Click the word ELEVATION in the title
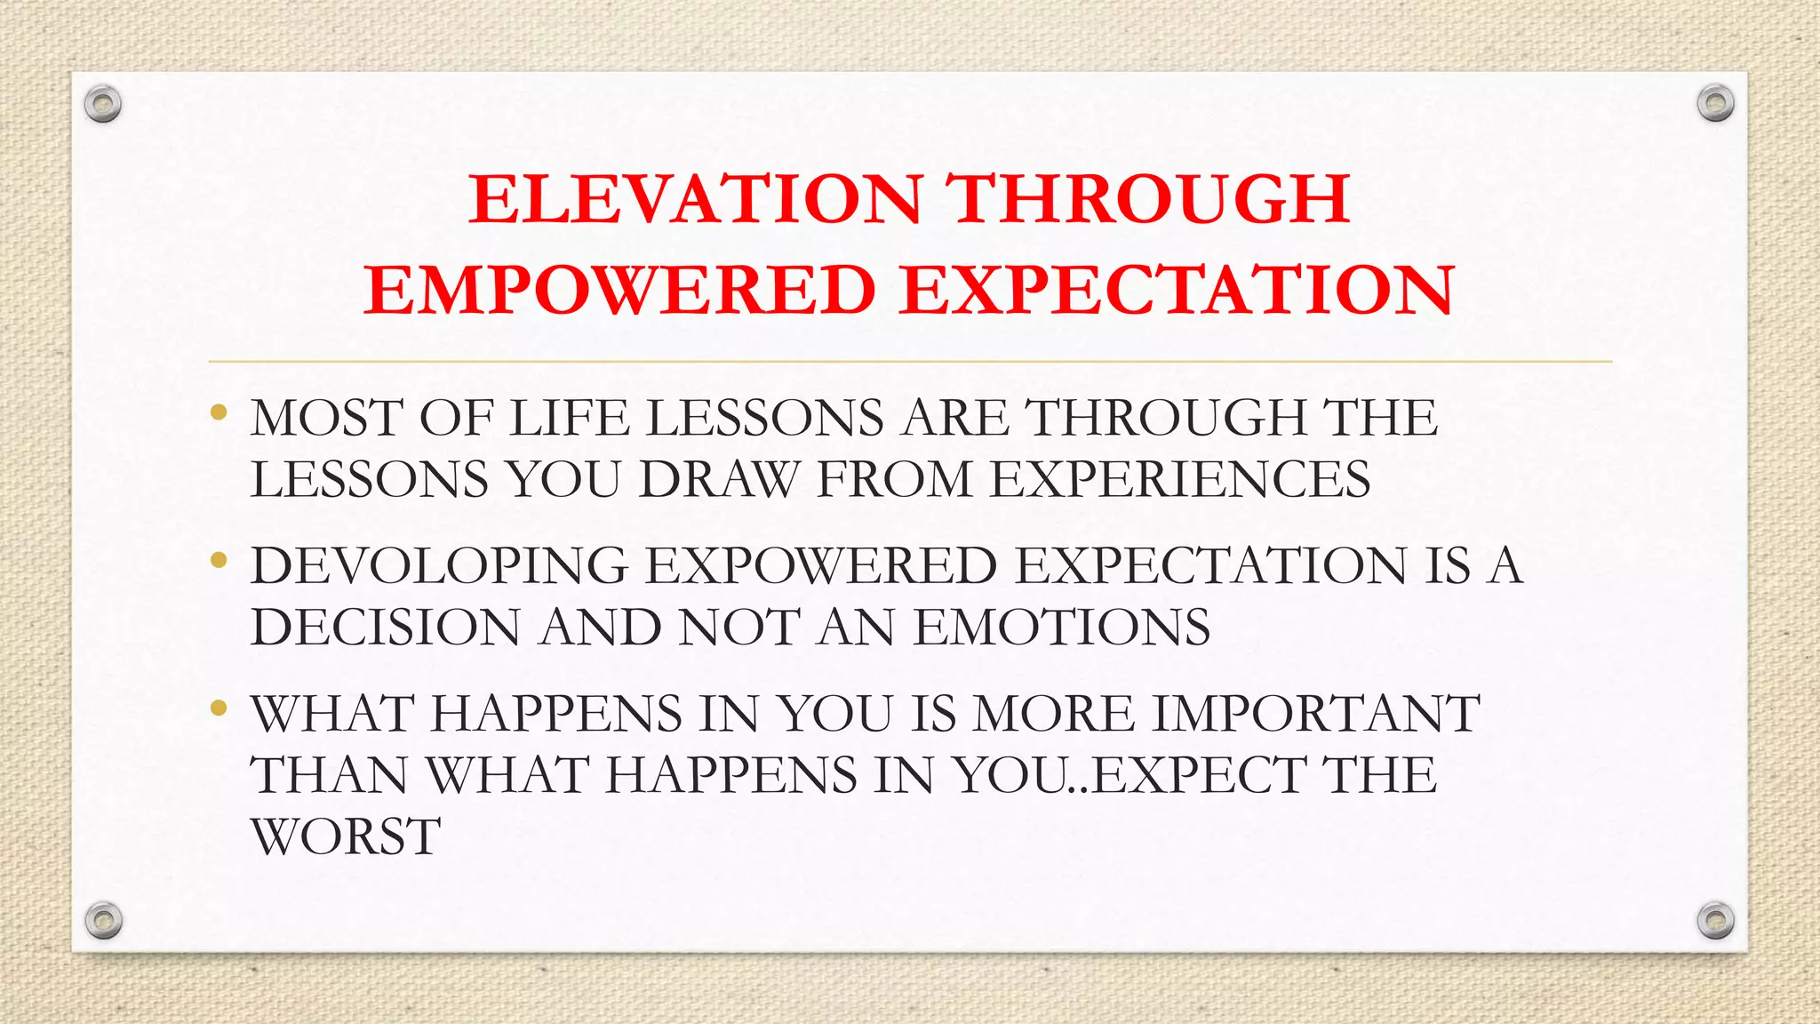(696, 198)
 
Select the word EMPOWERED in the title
(620, 291)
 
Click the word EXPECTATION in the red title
(1177, 291)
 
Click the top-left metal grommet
(103, 105)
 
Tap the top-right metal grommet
(1715, 104)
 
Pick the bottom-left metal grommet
(103, 920)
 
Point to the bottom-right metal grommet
(1715, 920)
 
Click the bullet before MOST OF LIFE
(219, 412)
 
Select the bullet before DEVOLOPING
(219, 560)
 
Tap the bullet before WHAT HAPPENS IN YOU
(219, 708)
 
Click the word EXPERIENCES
(1180, 480)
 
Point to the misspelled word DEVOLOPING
(439, 566)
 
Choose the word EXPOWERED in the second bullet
(820, 566)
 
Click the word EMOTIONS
(1062, 628)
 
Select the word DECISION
(385, 628)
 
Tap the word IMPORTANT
(1315, 714)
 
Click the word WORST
(346, 837)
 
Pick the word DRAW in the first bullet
(718, 480)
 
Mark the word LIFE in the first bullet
(570, 418)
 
